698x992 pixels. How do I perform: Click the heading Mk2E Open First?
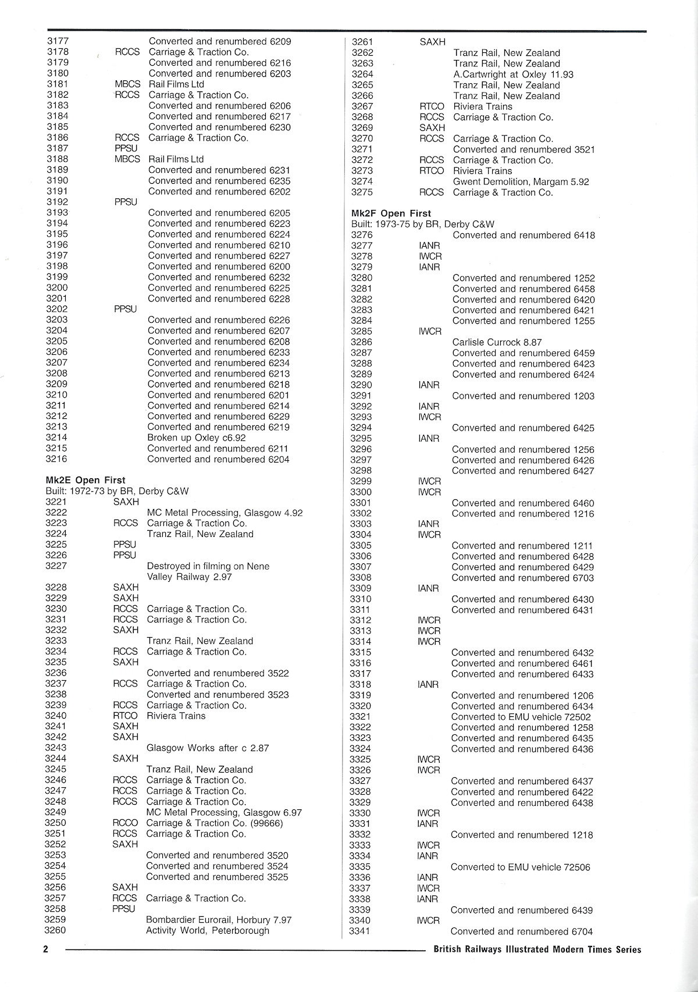point(86,480)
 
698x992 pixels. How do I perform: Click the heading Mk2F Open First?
point(391,214)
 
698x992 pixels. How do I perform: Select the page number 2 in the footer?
point(45,949)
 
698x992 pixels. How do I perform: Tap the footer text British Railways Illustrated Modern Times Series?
point(537,949)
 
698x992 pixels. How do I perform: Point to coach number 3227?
point(56,566)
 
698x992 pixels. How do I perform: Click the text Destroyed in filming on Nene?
point(208,566)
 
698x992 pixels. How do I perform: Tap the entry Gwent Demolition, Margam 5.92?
point(521,182)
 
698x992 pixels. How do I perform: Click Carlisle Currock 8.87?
point(497,342)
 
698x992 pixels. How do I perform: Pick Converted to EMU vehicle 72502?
point(521,717)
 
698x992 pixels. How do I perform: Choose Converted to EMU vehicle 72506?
point(521,867)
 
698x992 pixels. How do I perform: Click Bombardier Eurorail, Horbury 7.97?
point(219,920)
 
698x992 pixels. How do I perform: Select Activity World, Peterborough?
point(208,930)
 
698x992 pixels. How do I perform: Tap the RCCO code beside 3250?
point(125,823)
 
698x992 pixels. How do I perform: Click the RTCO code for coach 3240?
point(125,716)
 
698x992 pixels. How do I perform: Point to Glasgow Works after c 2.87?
point(208,748)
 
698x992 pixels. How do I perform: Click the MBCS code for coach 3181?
point(127,84)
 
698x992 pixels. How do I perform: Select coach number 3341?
point(359,931)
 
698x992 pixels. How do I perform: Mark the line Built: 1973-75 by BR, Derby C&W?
point(423,224)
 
